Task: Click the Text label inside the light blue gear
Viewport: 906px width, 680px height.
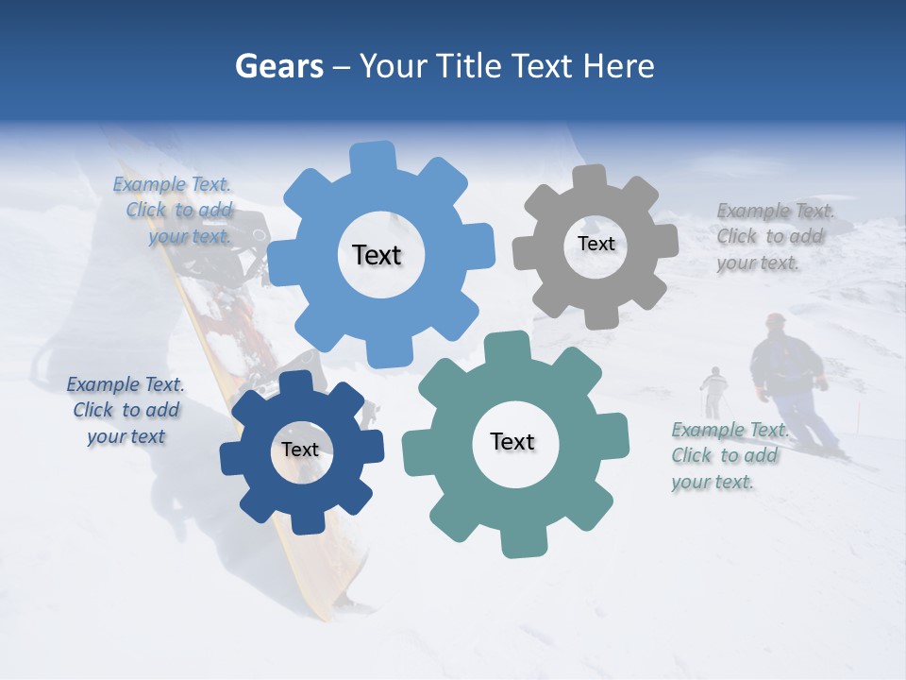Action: tap(377, 255)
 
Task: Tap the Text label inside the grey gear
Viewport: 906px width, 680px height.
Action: tap(596, 244)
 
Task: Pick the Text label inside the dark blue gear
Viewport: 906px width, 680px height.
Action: tap(300, 450)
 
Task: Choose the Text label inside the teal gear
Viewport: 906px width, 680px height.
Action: tap(512, 441)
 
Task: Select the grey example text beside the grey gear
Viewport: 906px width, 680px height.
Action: tap(772, 236)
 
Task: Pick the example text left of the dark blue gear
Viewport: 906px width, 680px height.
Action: tap(126, 410)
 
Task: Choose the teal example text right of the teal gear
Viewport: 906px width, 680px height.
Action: tap(727, 455)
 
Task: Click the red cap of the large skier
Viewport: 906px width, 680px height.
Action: tap(776, 320)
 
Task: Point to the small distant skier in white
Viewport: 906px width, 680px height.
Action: tap(713, 387)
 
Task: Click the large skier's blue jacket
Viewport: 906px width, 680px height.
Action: tap(785, 364)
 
